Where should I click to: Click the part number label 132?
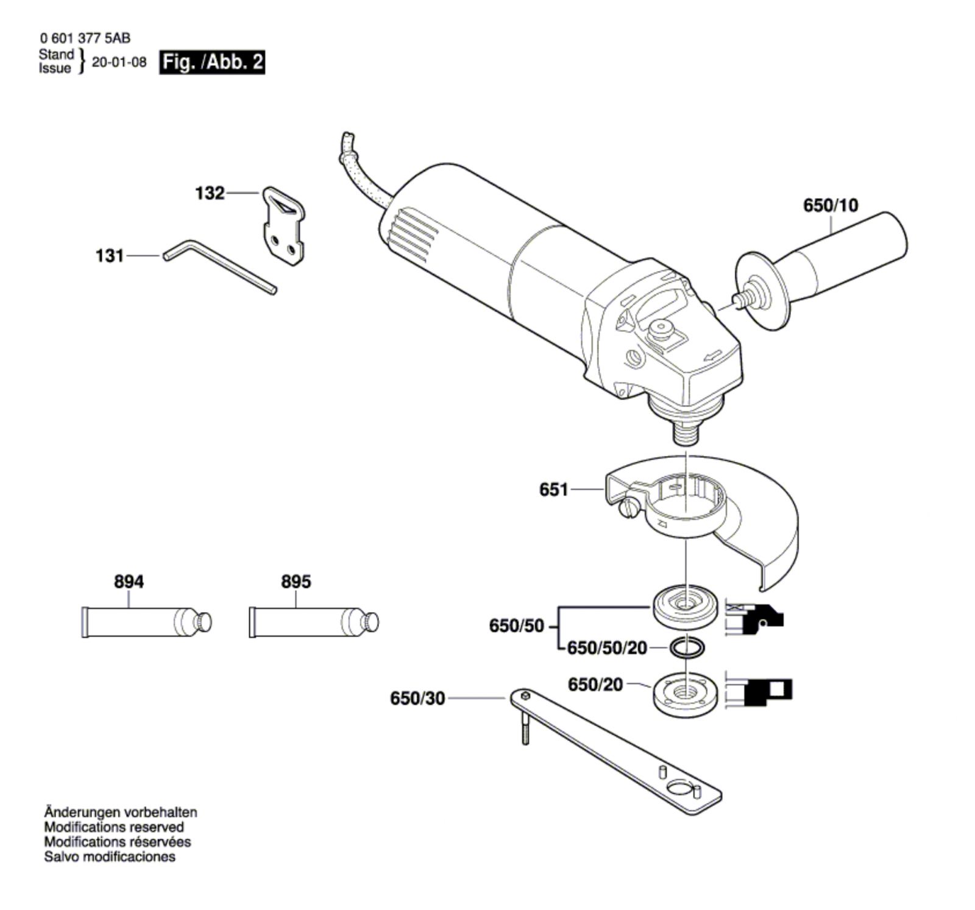pos(210,193)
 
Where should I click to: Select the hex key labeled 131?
pos(220,266)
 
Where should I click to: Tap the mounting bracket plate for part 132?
pos(284,226)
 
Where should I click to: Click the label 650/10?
pos(830,205)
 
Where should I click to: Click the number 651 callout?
pos(553,489)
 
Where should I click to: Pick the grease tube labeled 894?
pos(147,621)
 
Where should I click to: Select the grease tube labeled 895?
pos(314,621)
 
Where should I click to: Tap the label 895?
pos(296,582)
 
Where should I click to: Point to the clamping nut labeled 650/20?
pos(686,694)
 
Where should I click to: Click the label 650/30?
pos(417,698)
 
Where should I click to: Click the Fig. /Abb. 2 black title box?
pos(212,62)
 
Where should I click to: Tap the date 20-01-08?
pos(119,62)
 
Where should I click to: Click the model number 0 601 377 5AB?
pos(85,38)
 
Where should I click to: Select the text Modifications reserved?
pos(114,827)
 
